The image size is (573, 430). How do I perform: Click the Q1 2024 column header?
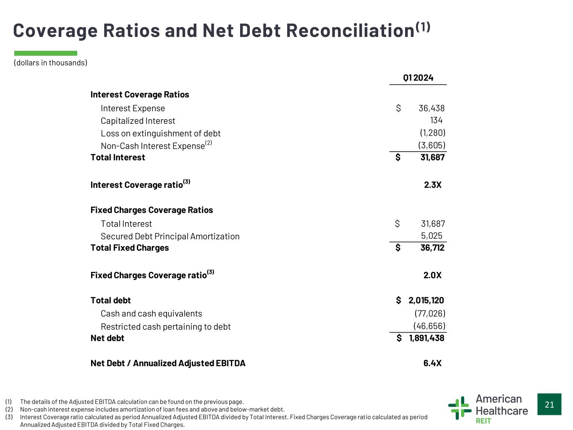tap(418, 78)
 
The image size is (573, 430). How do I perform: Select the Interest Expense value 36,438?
tap(432, 108)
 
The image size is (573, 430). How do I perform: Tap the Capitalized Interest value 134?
tap(436, 120)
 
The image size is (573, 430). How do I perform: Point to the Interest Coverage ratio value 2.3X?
tap(432, 185)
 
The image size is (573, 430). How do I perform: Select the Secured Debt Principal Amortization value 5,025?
tap(432, 236)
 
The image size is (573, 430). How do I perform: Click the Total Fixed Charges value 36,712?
tap(432, 248)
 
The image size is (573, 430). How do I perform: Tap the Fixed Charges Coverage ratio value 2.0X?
tap(432, 275)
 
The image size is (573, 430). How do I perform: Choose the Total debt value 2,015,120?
tap(426, 301)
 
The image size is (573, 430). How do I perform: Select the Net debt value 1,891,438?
tap(426, 338)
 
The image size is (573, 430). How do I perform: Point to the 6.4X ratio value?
tap(432, 363)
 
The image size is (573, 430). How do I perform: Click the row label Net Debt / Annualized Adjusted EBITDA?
tap(168, 363)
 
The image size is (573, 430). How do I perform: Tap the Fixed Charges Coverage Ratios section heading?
tap(152, 210)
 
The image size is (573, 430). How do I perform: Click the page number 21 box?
tap(549, 404)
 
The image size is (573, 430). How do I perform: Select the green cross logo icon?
tap(460, 408)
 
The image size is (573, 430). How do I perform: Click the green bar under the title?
tap(46, 53)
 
